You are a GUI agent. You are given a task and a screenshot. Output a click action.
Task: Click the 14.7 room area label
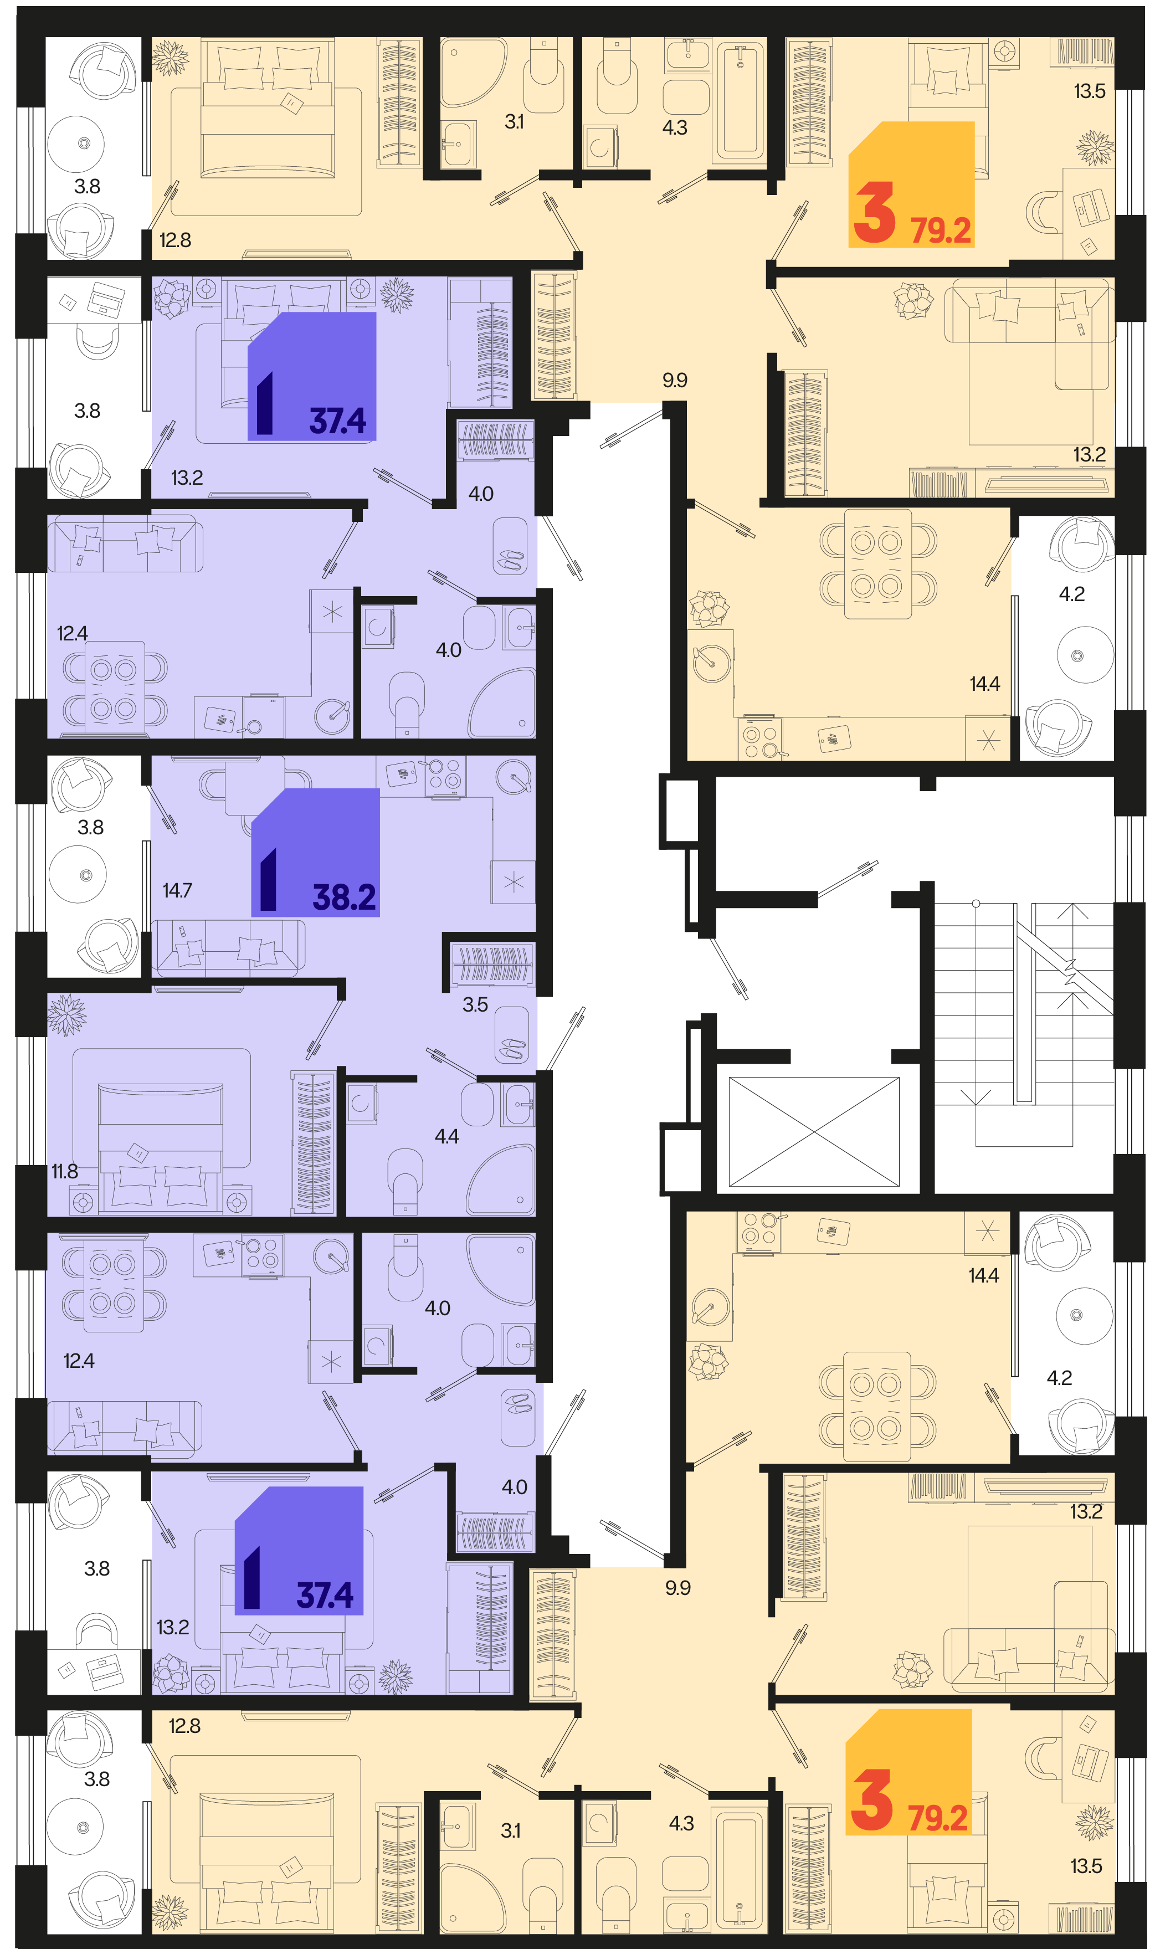tap(177, 890)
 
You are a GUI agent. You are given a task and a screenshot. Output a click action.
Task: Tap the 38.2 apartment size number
tap(344, 897)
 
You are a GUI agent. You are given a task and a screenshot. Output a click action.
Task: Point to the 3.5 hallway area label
tap(475, 1005)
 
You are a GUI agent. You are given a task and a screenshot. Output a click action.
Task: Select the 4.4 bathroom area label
tap(446, 1136)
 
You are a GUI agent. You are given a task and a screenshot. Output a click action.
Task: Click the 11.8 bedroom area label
tap(65, 1171)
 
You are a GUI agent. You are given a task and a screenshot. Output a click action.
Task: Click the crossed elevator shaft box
tap(813, 1132)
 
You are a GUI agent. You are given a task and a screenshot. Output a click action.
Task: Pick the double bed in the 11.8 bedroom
tap(160, 1148)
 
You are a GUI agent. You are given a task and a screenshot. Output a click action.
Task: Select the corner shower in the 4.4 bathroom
tap(502, 1180)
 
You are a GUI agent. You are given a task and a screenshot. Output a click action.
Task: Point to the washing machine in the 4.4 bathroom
tap(362, 1103)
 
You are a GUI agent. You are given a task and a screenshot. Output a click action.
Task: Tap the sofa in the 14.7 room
tap(227, 948)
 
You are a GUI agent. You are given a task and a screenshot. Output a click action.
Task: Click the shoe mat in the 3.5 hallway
tap(511, 1035)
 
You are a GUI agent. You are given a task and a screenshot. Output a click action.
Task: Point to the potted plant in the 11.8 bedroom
tap(67, 1014)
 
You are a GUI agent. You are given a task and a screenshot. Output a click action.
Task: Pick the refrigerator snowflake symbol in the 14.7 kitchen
tap(513, 882)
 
